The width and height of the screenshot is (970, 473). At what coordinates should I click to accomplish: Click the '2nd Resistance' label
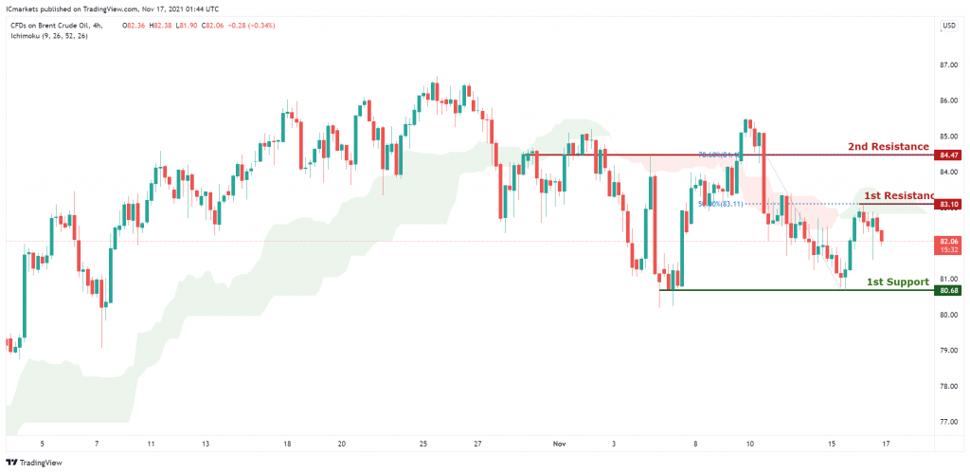[888, 147]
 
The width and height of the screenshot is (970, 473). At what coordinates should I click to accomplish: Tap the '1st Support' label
[898, 282]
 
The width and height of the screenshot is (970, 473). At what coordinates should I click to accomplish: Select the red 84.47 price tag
[947, 155]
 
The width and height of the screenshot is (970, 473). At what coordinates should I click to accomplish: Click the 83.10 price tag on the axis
[947, 204]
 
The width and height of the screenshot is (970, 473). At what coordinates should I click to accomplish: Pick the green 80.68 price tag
[947, 290]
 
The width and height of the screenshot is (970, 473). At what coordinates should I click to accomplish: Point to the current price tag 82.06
[947, 242]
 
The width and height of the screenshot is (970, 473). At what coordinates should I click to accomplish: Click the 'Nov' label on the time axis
[559, 443]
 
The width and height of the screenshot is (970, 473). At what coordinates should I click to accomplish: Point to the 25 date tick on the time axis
[423, 443]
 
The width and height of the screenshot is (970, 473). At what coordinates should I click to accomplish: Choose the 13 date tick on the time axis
[206, 443]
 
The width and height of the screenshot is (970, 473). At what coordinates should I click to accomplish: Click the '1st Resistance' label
[898, 194]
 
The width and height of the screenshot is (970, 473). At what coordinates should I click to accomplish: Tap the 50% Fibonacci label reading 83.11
[720, 203]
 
